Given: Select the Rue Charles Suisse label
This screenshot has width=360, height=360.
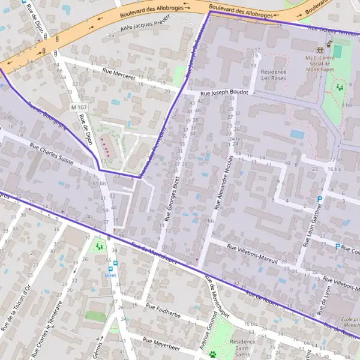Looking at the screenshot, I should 56,154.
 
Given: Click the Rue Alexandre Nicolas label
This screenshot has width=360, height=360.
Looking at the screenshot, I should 221,181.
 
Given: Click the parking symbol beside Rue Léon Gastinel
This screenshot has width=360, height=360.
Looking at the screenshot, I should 320,199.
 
